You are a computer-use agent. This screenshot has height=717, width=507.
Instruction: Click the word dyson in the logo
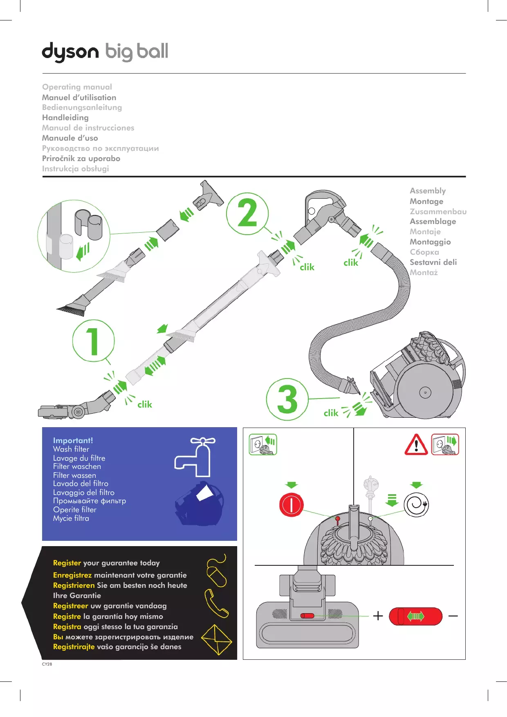coord(70,52)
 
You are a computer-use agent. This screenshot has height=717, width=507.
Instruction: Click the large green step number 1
coord(93,341)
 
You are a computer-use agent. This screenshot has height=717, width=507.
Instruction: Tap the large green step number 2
coord(247,213)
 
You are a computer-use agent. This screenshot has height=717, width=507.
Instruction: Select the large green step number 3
coord(287,399)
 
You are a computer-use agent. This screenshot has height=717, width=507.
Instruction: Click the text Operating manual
coord(77,87)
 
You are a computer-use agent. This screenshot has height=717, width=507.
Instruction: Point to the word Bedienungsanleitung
coord(82,108)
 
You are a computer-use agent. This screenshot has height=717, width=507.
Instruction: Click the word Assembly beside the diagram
coord(428,191)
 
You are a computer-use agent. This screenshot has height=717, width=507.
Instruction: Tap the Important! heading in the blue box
coord(73,440)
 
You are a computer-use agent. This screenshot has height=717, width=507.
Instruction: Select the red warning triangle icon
coord(416,445)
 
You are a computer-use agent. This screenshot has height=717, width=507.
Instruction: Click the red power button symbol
coord(291,505)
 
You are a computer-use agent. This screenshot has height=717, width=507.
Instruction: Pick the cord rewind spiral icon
coord(416,504)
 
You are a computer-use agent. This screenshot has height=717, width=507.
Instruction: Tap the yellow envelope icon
coord(217,640)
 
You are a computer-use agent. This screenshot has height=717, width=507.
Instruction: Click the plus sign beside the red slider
coord(378,616)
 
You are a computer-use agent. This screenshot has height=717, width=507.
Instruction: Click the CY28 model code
coord(47,664)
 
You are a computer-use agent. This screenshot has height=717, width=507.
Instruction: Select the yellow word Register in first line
coord(67,563)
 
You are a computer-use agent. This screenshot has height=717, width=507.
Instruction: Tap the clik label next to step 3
coord(331,413)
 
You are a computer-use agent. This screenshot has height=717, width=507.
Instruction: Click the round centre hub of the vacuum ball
coord(425,392)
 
